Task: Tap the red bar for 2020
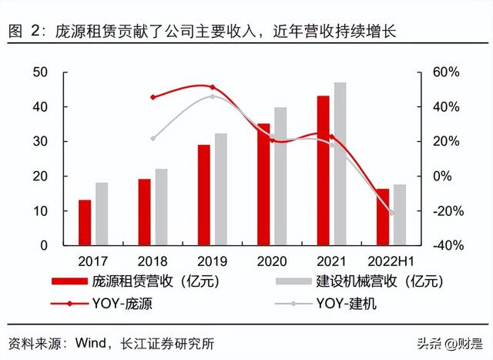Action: tap(263, 184)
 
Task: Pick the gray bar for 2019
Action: tap(220, 189)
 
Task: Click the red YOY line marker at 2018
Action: tap(153, 97)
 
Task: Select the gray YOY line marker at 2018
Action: tap(153, 139)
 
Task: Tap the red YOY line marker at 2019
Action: tap(213, 87)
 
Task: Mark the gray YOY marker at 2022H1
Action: tap(391, 213)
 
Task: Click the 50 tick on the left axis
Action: tap(40, 72)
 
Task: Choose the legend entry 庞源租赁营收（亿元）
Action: tap(154, 281)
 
